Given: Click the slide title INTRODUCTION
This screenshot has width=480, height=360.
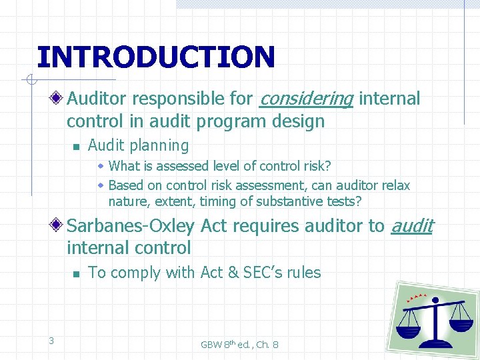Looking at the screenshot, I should point(155,57).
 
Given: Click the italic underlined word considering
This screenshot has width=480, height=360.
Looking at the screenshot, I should point(305,99).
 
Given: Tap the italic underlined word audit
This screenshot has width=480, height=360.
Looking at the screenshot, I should point(411,227).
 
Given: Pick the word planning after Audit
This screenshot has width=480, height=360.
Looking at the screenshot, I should point(161,145).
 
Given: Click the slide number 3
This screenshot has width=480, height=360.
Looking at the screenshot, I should point(51,341).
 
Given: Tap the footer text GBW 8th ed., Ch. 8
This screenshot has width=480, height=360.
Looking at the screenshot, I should point(239,345).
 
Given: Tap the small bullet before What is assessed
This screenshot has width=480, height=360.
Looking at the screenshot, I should point(101,166).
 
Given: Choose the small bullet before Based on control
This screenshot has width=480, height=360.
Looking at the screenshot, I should point(101,185).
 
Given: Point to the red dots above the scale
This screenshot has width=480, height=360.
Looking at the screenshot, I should point(417,297).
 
